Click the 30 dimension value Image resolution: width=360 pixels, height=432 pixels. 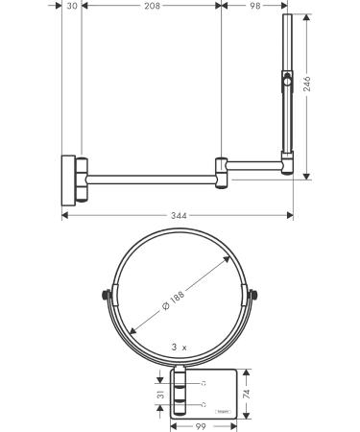72,7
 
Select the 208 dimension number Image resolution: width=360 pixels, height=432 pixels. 151,7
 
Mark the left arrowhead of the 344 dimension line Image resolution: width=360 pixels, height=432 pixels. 65,216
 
